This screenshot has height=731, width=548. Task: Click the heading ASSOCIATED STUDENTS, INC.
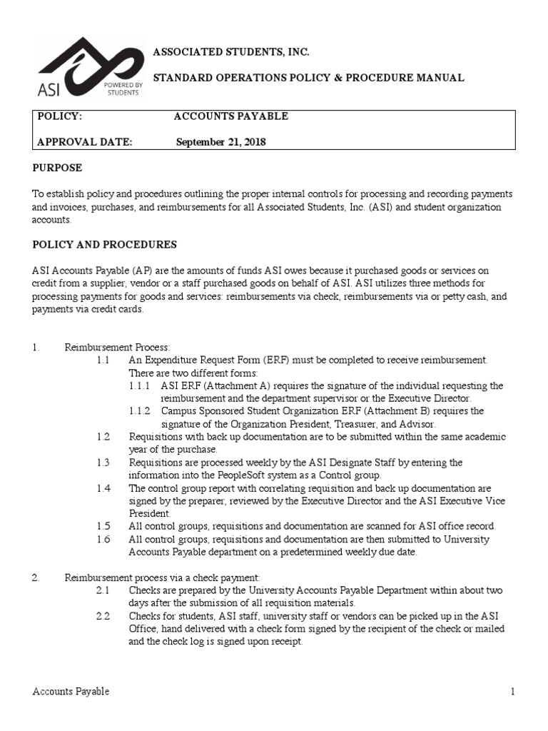(x=232, y=53)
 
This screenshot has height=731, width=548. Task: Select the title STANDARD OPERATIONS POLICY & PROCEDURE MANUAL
(x=310, y=78)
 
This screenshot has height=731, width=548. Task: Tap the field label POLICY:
(x=60, y=116)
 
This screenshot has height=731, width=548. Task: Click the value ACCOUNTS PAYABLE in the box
(x=232, y=116)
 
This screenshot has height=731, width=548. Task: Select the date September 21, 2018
(x=220, y=142)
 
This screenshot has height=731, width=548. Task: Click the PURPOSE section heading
(x=58, y=168)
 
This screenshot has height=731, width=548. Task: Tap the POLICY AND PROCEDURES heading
(x=104, y=245)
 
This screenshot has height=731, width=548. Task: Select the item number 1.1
(x=103, y=360)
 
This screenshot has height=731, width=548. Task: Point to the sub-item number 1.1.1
(x=140, y=385)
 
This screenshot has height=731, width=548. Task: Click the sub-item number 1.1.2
(x=140, y=411)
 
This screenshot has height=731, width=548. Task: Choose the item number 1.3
(x=103, y=463)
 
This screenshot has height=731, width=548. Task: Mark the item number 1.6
(x=103, y=539)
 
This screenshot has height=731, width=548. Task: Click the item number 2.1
(x=103, y=590)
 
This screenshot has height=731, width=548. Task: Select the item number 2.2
(x=103, y=616)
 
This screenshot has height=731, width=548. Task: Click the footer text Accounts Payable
(x=71, y=692)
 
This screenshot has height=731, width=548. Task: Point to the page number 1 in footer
(x=512, y=692)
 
